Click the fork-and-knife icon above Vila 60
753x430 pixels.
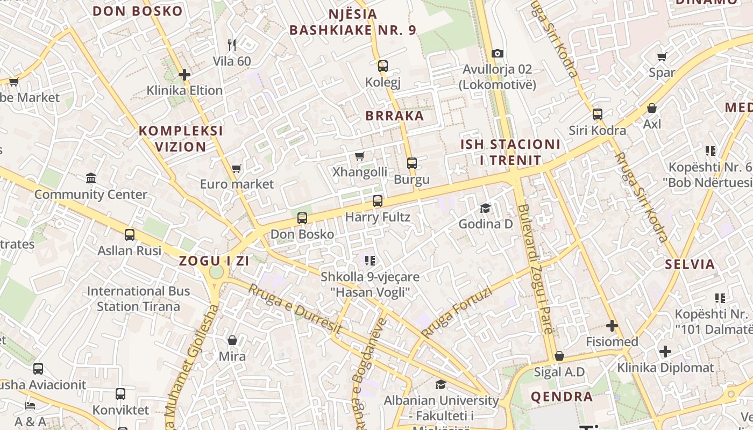[232, 45]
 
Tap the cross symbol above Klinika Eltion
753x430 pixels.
[184, 74]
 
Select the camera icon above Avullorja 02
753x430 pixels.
[498, 53]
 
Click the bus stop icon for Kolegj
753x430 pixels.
[383, 66]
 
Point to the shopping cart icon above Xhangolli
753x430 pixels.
[360, 156]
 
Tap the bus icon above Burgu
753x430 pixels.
[412, 163]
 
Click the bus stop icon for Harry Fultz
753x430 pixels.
[378, 201]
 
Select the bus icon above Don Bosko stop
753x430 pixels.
[302, 218]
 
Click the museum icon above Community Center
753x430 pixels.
[91, 178]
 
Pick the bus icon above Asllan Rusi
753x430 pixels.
[130, 234]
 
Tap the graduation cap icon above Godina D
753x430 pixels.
[486, 208]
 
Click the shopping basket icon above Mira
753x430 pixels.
[232, 340]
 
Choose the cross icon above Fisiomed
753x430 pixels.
[612, 325]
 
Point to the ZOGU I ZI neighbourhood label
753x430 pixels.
[214, 261]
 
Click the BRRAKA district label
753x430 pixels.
[395, 116]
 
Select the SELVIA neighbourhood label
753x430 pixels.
[690, 264]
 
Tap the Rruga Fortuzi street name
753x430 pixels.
[458, 312]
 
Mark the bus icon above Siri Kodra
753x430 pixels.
[598, 114]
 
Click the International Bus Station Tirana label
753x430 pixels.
[139, 299]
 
